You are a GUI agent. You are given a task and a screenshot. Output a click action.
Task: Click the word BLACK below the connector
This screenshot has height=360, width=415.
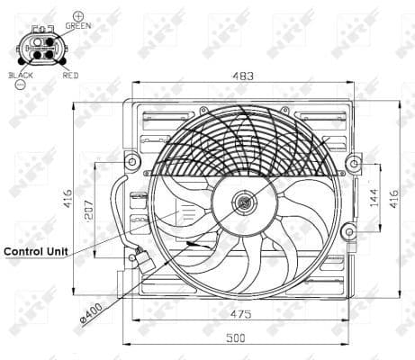pyautogui.click(x=21, y=76)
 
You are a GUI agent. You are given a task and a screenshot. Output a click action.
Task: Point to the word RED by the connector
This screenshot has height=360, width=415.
pyautogui.click(x=70, y=76)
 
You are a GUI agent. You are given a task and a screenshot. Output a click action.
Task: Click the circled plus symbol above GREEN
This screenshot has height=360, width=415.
pyautogui.click(x=78, y=16)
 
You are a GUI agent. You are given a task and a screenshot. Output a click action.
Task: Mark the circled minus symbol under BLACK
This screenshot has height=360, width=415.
pyautogui.click(x=21, y=86)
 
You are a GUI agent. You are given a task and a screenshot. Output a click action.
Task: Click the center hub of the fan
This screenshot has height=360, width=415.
pyautogui.click(x=244, y=203)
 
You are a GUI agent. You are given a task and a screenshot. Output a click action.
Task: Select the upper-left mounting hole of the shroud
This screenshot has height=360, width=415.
pyautogui.click(x=132, y=162)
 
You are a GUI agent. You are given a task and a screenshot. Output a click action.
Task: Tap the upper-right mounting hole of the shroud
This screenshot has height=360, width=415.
pyautogui.click(x=354, y=162)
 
